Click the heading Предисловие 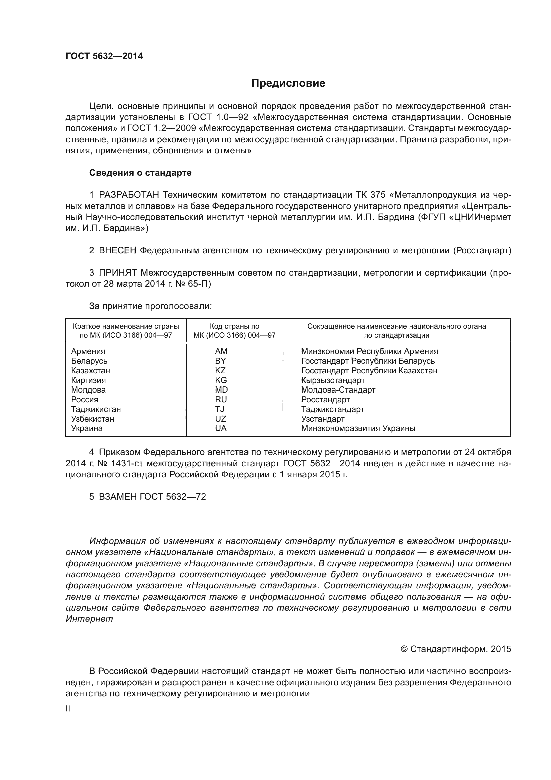pos(288,83)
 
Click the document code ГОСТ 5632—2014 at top pos(104,56)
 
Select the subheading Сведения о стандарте pos(140,173)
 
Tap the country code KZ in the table pos(220,370)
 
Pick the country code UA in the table pos(221,428)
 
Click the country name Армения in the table pos(88,351)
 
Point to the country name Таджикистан pos(96,409)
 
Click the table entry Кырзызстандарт pos(333,380)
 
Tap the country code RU pos(221,400)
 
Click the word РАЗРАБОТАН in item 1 pos(129,195)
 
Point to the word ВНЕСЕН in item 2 pos(117,251)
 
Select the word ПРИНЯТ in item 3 pos(118,273)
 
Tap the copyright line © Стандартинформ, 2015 pos(456,649)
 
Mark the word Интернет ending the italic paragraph pos(89,619)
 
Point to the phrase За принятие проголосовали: pos(150,306)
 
